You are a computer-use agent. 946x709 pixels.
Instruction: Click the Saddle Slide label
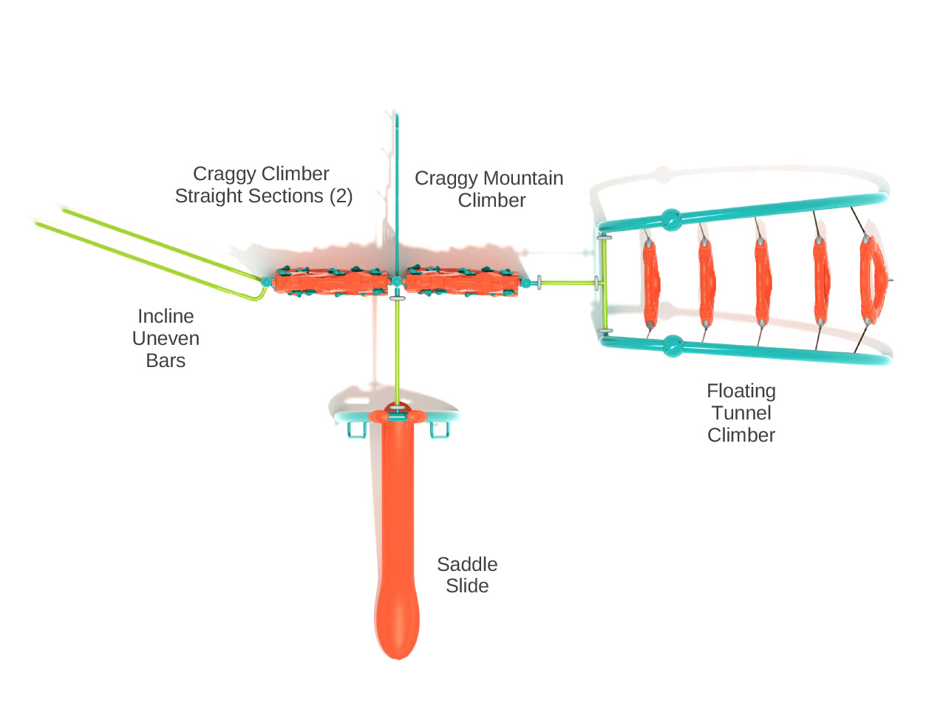click(x=467, y=575)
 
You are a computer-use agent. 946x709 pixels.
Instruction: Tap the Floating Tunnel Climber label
click(x=741, y=413)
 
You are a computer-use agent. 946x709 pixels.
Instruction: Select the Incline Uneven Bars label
click(x=166, y=338)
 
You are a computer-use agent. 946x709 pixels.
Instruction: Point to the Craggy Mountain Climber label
click(x=489, y=189)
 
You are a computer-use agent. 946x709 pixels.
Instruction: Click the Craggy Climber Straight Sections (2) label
click(x=263, y=185)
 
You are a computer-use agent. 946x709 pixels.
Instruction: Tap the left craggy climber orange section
click(x=331, y=281)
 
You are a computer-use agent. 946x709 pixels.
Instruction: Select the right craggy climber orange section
click(x=462, y=281)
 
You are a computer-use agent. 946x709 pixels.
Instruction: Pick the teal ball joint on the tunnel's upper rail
click(x=671, y=220)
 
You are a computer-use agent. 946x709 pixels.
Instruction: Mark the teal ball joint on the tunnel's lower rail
click(x=673, y=346)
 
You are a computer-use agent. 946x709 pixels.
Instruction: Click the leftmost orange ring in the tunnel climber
click(x=651, y=283)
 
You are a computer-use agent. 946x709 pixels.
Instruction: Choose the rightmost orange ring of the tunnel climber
click(x=872, y=280)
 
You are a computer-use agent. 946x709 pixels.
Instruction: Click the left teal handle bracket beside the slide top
click(x=357, y=430)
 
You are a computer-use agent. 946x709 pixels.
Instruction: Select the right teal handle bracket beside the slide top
click(x=440, y=430)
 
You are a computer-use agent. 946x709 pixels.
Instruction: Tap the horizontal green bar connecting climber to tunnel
click(x=568, y=283)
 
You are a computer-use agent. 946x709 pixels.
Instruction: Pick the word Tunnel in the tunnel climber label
click(x=741, y=413)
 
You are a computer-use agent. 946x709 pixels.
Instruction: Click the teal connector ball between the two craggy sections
click(x=396, y=281)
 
